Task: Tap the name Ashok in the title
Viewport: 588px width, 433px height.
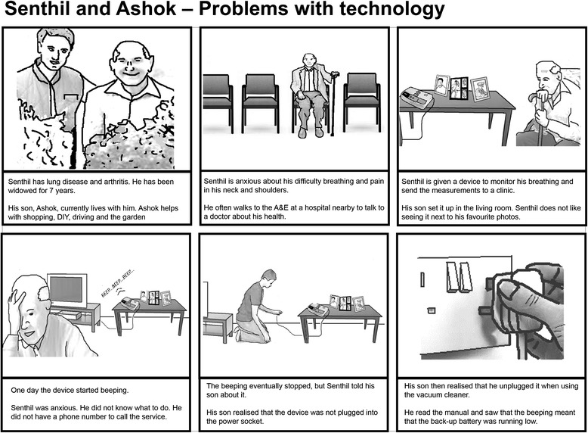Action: click(x=147, y=8)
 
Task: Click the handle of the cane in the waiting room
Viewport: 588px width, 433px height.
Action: click(x=335, y=74)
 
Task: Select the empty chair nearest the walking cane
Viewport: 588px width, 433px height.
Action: click(x=361, y=101)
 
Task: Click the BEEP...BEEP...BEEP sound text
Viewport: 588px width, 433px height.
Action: click(x=118, y=284)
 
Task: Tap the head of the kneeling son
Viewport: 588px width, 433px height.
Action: click(x=268, y=277)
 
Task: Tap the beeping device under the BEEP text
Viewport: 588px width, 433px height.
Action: click(x=131, y=304)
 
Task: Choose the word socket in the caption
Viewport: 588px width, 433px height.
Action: click(x=253, y=422)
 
